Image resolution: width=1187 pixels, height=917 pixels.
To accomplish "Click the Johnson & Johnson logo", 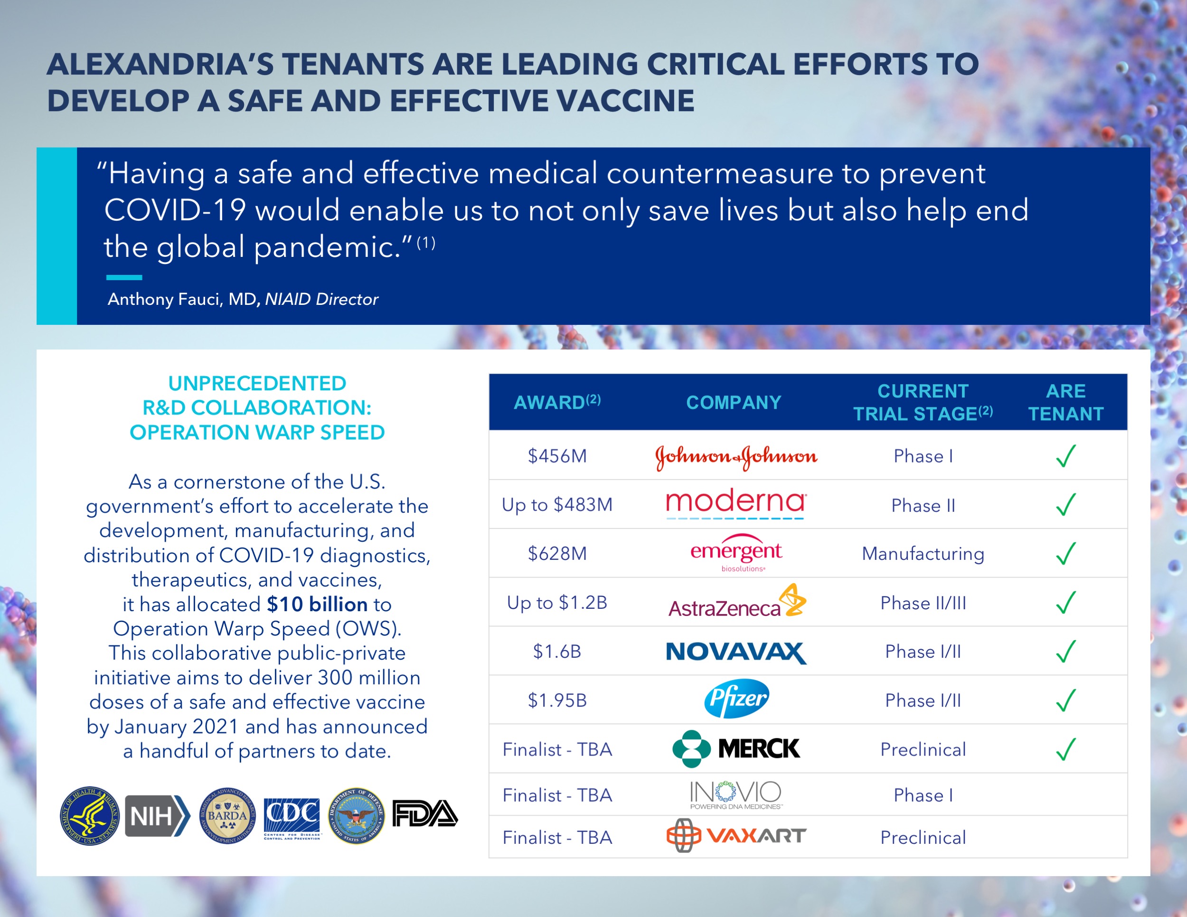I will click(736, 456).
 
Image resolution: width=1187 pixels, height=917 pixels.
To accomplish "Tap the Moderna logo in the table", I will click(736, 502).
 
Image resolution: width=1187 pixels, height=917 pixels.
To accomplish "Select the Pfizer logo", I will click(736, 699).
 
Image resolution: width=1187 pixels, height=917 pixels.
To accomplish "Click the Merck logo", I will click(736, 748).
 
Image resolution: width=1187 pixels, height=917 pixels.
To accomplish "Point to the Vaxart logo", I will click(736, 836).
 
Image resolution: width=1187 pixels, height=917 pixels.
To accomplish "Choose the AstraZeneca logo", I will click(736, 602).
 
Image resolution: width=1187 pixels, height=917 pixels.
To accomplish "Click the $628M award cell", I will click(557, 553).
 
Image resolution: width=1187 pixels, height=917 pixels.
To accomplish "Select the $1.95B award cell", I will click(557, 700).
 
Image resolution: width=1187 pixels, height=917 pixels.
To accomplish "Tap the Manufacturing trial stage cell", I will click(923, 553).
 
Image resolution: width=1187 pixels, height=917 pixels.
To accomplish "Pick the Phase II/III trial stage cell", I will click(923, 603).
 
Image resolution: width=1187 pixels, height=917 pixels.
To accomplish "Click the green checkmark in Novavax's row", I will click(1066, 651).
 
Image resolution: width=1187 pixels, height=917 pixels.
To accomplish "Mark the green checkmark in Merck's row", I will click(1066, 749).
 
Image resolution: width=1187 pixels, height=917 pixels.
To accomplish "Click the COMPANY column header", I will click(734, 402).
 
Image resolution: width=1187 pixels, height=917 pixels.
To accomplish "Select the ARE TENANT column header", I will click(1066, 402).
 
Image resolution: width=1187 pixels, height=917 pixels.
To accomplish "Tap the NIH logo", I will click(157, 815).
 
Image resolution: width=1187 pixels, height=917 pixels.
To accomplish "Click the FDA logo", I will click(425, 814).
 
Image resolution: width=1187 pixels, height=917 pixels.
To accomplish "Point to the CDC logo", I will click(292, 815).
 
